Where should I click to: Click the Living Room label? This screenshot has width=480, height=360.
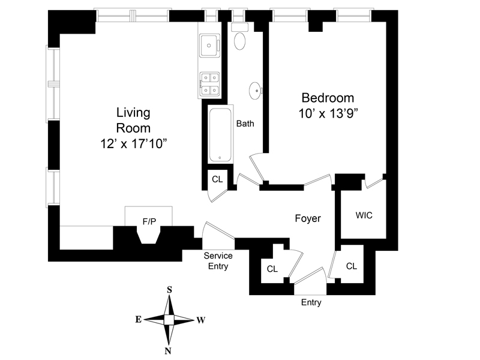[x=133, y=120]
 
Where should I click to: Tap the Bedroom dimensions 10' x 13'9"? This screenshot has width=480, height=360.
[x=328, y=113]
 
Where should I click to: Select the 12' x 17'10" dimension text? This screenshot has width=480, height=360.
[x=134, y=143]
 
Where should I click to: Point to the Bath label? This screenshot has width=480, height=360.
[x=245, y=124]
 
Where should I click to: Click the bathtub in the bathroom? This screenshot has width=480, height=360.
[x=220, y=134]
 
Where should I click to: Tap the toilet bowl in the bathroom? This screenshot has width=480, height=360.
[x=239, y=41]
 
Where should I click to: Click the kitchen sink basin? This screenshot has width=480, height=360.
[x=209, y=46]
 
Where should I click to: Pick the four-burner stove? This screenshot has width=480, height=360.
[x=209, y=84]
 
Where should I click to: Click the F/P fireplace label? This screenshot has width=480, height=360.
[x=149, y=221]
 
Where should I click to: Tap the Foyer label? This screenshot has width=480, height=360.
[x=308, y=218]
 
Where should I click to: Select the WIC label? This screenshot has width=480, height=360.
[x=364, y=215]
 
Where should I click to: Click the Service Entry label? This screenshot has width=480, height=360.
[x=218, y=261]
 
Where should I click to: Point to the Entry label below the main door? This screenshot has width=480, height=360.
[x=311, y=302]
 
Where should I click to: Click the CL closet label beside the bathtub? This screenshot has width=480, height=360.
[x=217, y=179]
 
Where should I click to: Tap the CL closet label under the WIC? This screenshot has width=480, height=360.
[x=352, y=266]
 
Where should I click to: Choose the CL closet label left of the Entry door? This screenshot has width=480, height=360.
[x=272, y=269]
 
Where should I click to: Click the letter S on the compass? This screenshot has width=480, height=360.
[x=169, y=290]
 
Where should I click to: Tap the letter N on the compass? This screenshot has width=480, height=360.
[x=168, y=351]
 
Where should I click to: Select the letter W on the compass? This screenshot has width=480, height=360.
[x=201, y=320]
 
